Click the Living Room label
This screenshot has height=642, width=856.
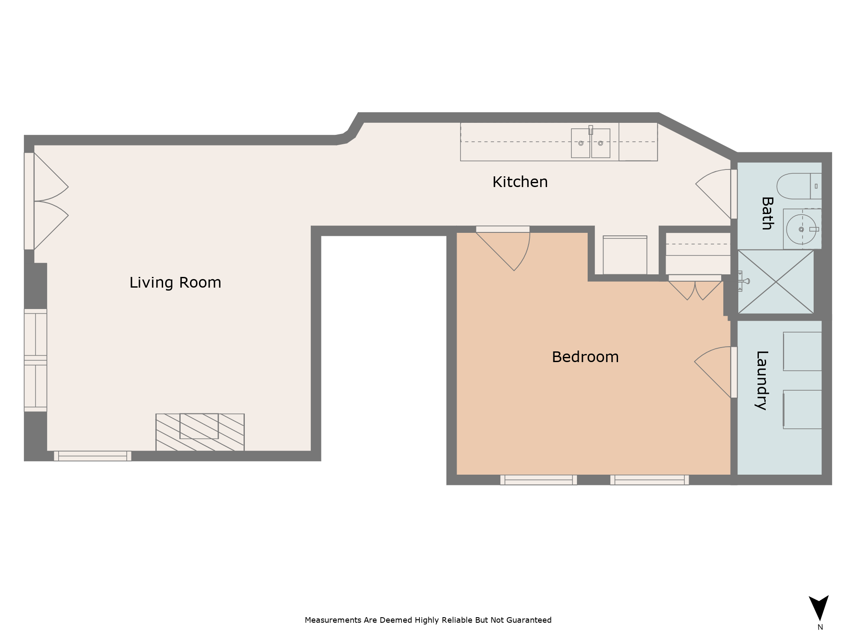point(175,282)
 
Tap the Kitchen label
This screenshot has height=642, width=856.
point(520,182)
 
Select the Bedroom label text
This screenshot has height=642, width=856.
point(585,357)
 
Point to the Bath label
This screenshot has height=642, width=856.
point(767,213)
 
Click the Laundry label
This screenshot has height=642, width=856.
point(762,380)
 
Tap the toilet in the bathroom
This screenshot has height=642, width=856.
point(799,186)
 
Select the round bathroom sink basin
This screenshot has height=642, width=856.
point(801,229)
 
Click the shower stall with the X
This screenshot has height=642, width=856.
point(776,282)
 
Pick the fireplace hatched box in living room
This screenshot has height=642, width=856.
point(200,432)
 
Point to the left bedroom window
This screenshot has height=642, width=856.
point(538,480)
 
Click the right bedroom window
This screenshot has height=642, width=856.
point(649,480)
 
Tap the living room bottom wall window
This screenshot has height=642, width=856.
point(92,456)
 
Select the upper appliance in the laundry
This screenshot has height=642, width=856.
point(802,351)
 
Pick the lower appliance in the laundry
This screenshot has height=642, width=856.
point(802,409)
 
